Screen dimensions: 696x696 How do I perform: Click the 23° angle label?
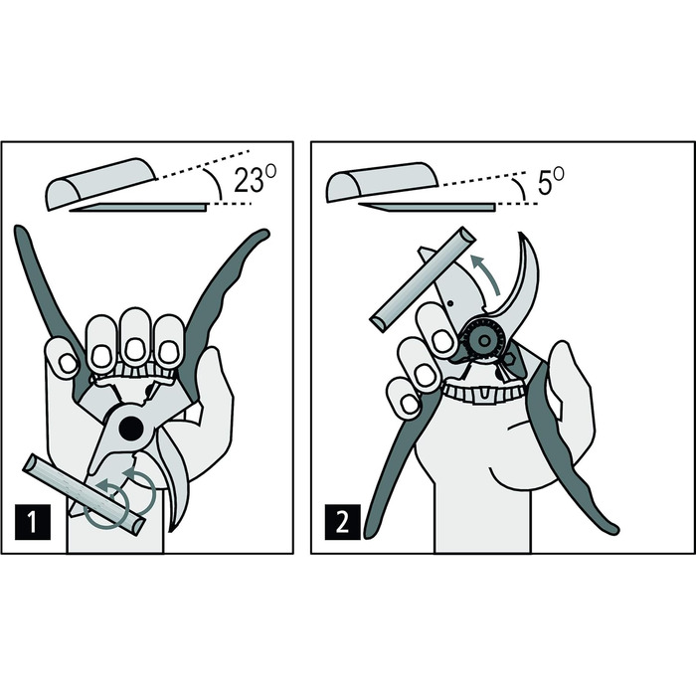pyautogui.click(x=255, y=179)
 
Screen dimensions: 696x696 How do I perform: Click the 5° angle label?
pyautogui.click(x=551, y=181)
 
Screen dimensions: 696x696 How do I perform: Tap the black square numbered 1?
pyautogui.click(x=33, y=522)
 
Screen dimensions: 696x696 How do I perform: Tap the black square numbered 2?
pyautogui.click(x=342, y=522)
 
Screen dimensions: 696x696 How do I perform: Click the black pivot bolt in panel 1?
pyautogui.click(x=131, y=429)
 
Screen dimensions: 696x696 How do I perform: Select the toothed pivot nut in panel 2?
pyautogui.click(x=484, y=340)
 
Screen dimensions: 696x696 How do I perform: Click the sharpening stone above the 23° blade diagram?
pyautogui.click(x=101, y=183)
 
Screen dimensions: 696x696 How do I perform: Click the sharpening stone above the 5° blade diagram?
pyautogui.click(x=382, y=182)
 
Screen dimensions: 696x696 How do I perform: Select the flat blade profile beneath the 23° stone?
pyautogui.click(x=138, y=207)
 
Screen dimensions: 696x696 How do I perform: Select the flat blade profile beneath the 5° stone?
pyautogui.click(x=427, y=207)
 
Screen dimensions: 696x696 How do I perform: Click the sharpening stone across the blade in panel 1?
pyautogui.click(x=85, y=493)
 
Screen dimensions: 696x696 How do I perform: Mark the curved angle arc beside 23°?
pyautogui.click(x=216, y=183)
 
